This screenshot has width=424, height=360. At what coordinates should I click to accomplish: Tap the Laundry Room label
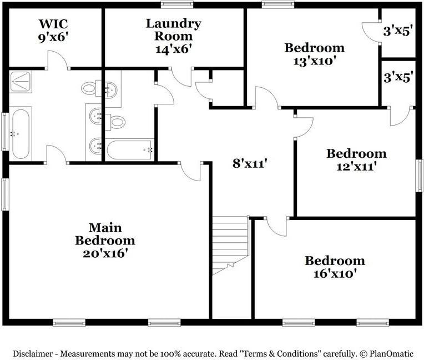click(x=174, y=36)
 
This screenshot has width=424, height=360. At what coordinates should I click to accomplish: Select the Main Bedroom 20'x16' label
click(x=105, y=241)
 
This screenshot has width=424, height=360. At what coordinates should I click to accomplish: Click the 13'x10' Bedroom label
click(x=314, y=54)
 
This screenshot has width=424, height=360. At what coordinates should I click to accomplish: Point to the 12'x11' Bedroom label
click(x=356, y=159)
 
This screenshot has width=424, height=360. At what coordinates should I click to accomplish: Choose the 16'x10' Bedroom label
click(x=335, y=267)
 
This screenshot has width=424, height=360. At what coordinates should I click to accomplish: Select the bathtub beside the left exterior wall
click(x=21, y=133)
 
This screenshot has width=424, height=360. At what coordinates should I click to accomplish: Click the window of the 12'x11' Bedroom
click(x=420, y=176)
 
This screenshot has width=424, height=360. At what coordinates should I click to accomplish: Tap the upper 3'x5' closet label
click(x=398, y=31)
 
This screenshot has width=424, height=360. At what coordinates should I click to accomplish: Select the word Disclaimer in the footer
click(x=34, y=353)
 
